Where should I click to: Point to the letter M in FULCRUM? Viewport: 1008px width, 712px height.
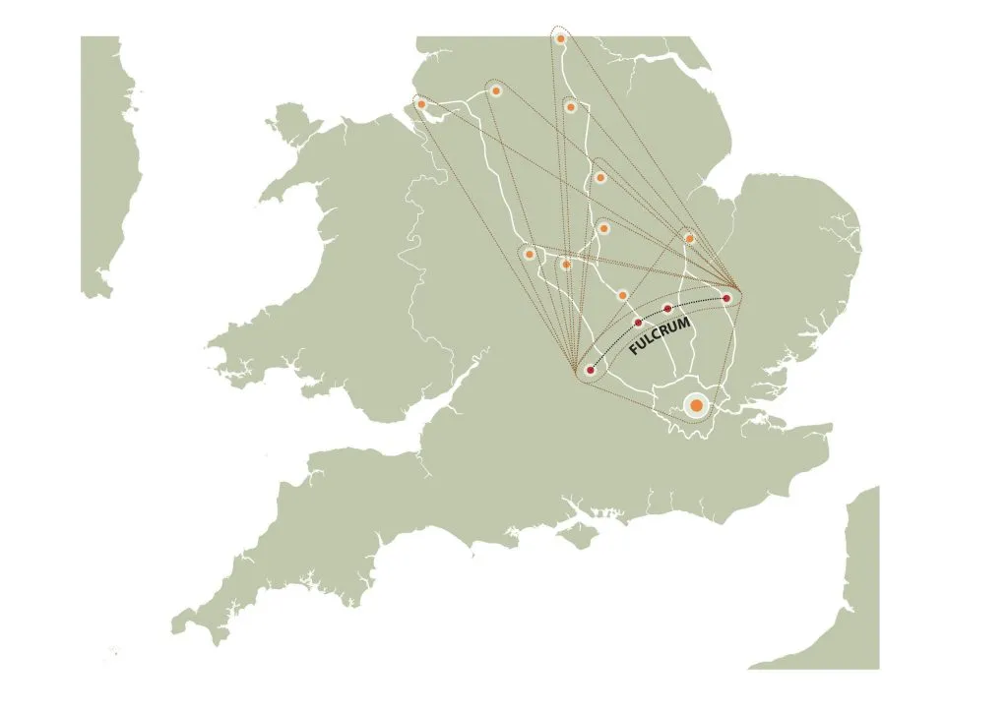[x=685, y=323]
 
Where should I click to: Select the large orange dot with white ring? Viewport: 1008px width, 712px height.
[x=696, y=405]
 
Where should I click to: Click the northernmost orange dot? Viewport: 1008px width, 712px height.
[x=560, y=38]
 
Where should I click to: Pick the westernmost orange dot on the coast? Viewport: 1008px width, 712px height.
[x=421, y=103]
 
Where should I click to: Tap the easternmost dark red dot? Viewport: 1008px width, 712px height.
[x=726, y=297]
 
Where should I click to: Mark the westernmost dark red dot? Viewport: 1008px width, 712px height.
[x=590, y=371]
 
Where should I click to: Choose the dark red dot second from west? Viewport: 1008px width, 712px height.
[x=638, y=322]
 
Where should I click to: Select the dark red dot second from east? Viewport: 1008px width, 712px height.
[x=668, y=309]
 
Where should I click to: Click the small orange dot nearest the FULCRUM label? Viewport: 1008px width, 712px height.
[x=622, y=294]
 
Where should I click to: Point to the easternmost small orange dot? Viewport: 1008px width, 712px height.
[x=689, y=238]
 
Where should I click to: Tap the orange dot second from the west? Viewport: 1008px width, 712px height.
[x=496, y=90]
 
